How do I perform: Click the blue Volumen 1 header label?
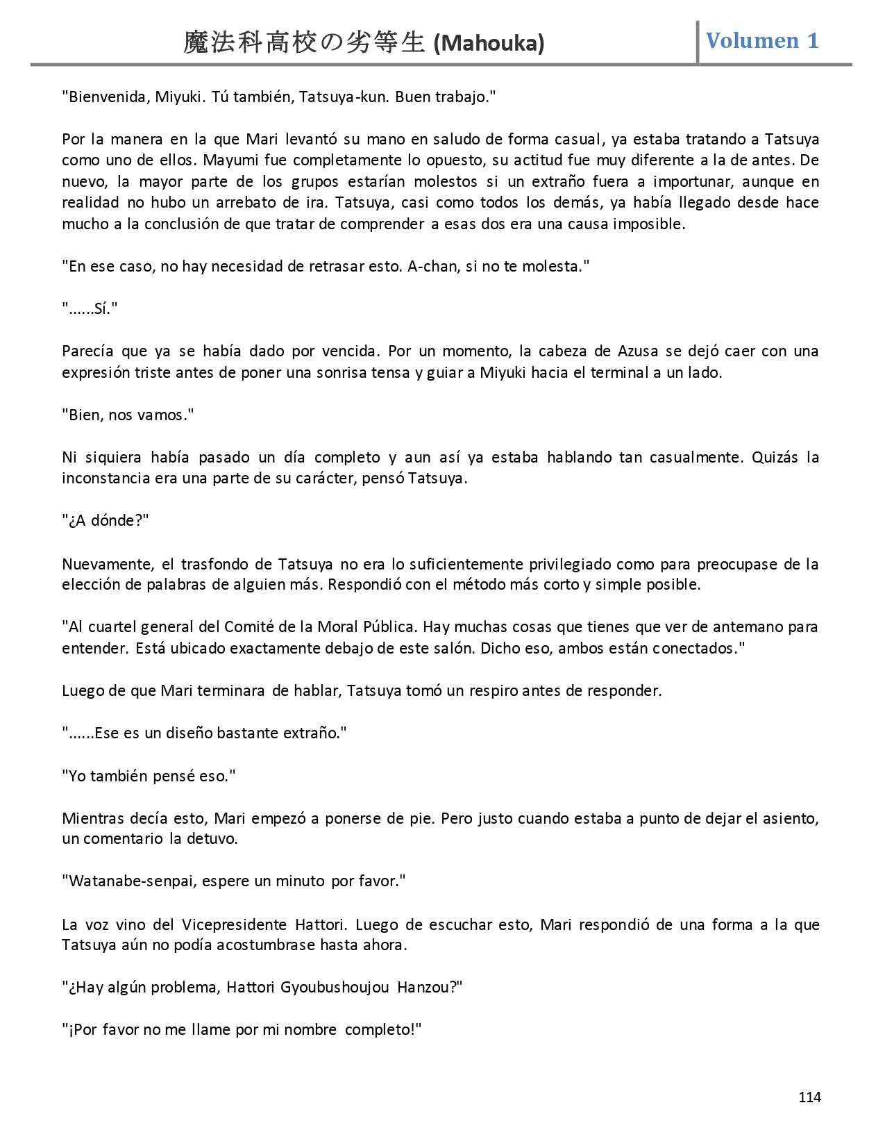coord(762,41)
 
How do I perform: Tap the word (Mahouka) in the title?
coord(489,44)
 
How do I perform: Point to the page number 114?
coord(809,1097)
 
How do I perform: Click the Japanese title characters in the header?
coord(304,43)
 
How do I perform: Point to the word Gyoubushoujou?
coord(335,987)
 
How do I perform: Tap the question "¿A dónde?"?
coord(106,521)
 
